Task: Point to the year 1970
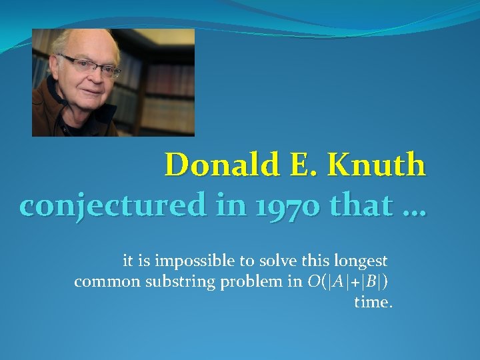click(256, 207)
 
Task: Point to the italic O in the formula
click(313, 281)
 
